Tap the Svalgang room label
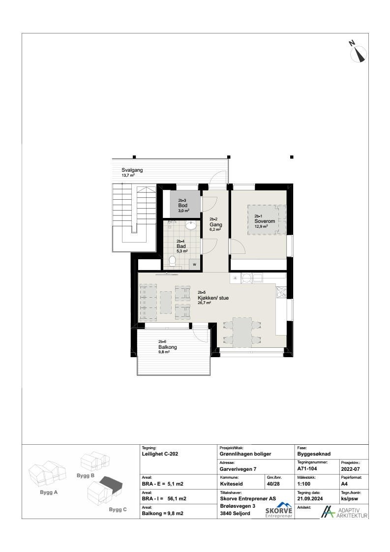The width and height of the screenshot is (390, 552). tap(132, 170)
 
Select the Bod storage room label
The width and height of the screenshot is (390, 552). tap(183, 205)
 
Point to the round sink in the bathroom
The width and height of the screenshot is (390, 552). tap(191, 225)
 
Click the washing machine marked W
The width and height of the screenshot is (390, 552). tap(195, 264)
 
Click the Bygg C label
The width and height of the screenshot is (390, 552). tap(117, 510)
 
